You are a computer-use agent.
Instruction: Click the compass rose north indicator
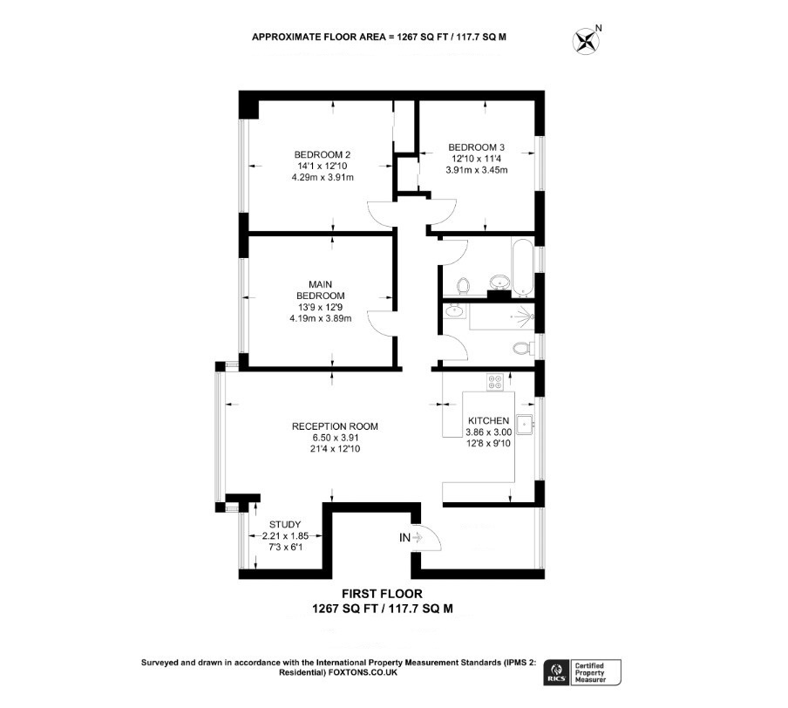(587, 41)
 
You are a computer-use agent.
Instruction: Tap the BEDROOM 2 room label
(323, 155)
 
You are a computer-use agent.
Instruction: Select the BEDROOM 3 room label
(477, 147)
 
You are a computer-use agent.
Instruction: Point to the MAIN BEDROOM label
(321, 290)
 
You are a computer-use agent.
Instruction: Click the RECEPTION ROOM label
(336, 426)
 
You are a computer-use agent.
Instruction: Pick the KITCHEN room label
(488, 420)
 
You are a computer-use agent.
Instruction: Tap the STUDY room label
(285, 524)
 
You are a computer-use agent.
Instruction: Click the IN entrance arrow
(417, 538)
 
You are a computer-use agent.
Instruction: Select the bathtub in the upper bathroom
(522, 266)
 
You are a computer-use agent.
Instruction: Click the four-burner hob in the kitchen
(495, 382)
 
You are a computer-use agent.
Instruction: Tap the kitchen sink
(526, 425)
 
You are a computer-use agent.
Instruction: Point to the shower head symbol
(525, 317)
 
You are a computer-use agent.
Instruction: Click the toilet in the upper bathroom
(463, 286)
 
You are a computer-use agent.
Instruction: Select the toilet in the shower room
(524, 348)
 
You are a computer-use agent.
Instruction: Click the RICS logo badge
(556, 671)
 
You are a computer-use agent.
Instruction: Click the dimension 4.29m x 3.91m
(323, 178)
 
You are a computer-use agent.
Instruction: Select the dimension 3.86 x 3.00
(488, 432)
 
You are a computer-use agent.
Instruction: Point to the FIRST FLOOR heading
(382, 594)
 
